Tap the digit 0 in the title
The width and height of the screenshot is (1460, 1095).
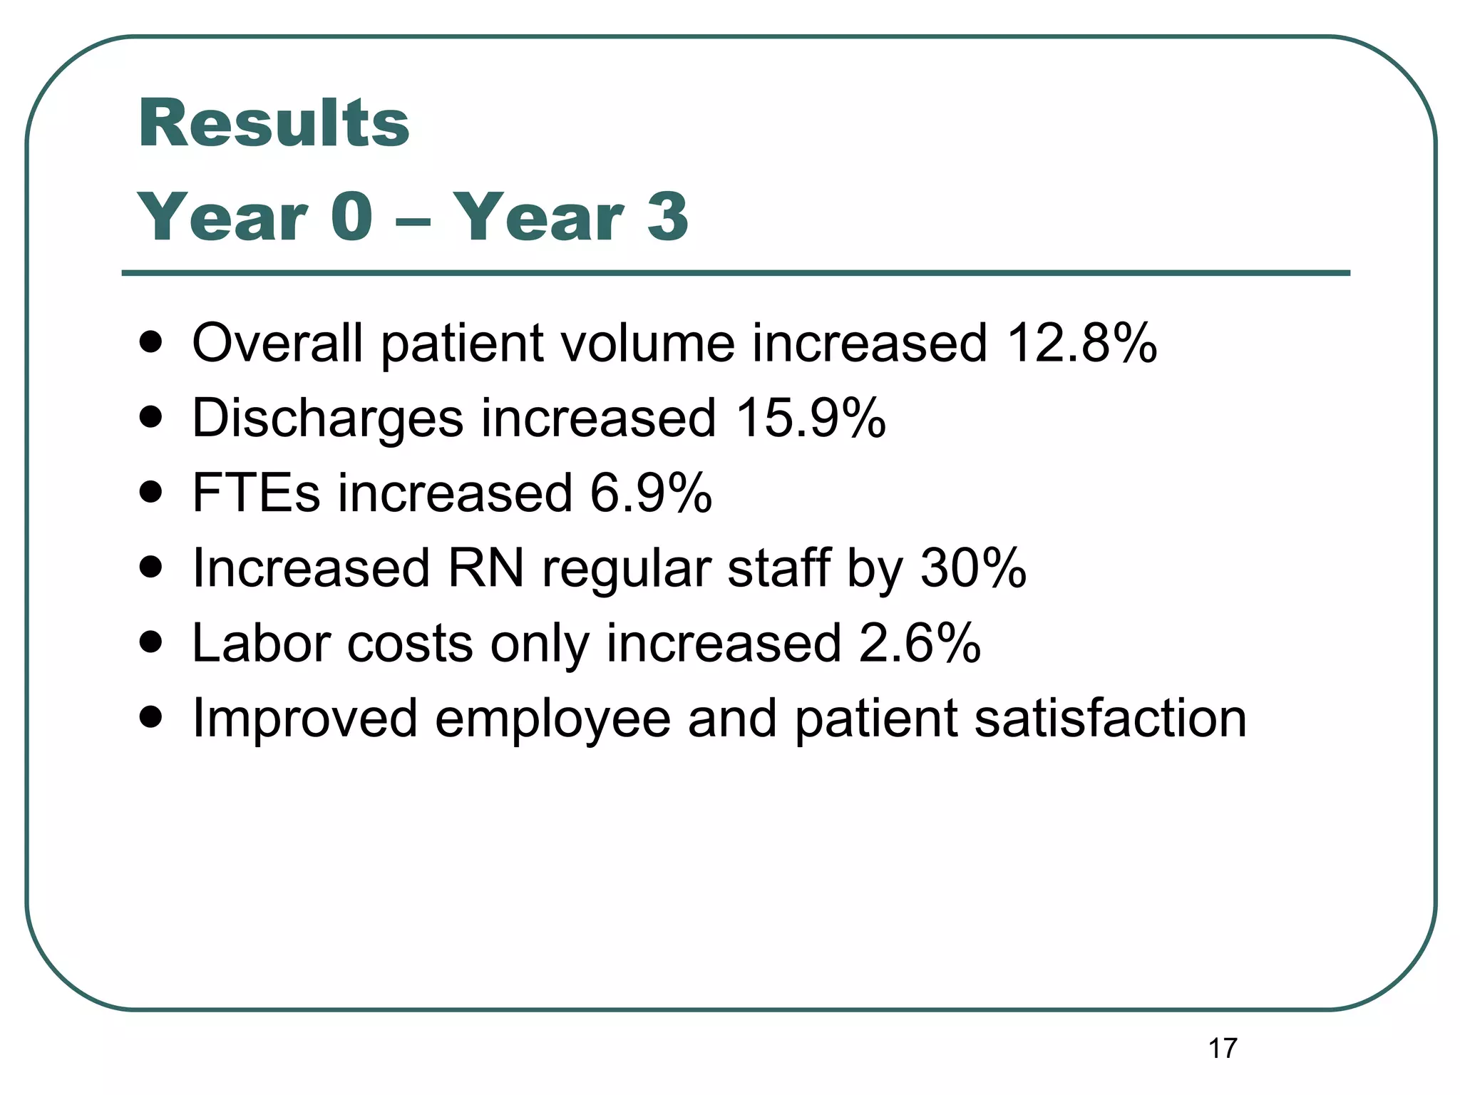[351, 216]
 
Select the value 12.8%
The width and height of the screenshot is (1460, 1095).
[1081, 343]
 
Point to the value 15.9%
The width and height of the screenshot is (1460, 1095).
[811, 418]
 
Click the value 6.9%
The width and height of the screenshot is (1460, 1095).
[651, 493]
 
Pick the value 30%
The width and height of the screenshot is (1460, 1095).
[973, 568]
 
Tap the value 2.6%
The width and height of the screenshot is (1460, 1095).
[920, 643]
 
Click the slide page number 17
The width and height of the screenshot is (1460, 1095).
[1223, 1049]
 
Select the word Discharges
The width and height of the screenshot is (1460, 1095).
[328, 419]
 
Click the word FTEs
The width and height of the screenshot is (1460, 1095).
[256, 493]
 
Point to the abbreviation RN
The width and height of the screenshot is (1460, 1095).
[485, 568]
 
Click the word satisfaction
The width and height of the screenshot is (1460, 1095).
[1110, 718]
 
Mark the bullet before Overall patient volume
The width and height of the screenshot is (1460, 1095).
[150, 343]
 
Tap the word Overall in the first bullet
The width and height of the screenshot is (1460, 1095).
[277, 343]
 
